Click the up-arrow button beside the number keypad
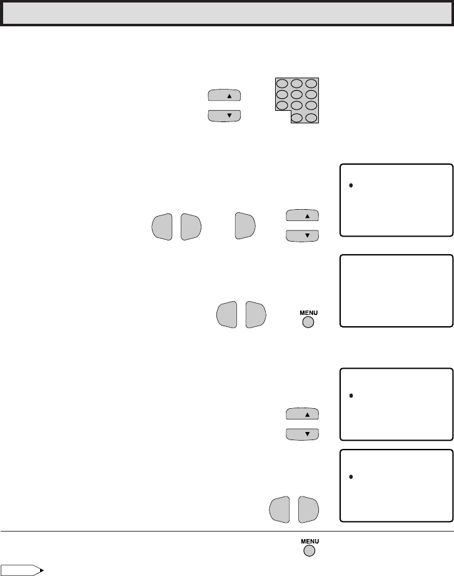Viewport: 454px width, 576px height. pyautogui.click(x=224, y=95)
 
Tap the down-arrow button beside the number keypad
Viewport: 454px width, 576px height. pyautogui.click(x=224, y=116)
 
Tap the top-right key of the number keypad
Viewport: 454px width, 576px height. pyautogui.click(x=311, y=83)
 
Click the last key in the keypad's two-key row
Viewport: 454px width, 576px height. pyautogui.click(x=311, y=118)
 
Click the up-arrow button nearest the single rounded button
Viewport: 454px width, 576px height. pyautogui.click(x=302, y=215)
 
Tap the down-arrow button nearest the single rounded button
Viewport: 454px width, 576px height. pyautogui.click(x=302, y=235)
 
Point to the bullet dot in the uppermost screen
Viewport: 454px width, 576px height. pyautogui.click(x=351, y=186)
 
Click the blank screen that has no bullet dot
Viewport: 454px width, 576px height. pyautogui.click(x=396, y=291)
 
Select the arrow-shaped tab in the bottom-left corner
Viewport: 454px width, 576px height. pyautogui.click(x=23, y=570)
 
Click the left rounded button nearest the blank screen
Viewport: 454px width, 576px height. pyautogui.click(x=227, y=314)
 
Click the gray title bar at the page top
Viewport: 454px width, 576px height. pyautogui.click(x=227, y=13)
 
